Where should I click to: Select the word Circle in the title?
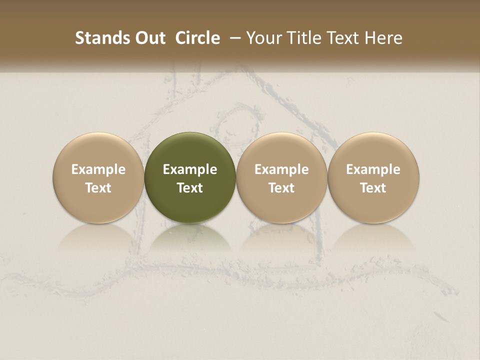[197, 38]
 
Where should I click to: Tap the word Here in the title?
[384, 38]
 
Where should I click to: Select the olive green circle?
[190, 150]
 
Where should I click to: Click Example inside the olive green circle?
[190, 169]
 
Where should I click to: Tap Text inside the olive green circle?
[190, 188]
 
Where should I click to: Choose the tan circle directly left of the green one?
[98, 150]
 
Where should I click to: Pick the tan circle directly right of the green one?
[281, 150]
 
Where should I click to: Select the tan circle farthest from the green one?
[373, 150]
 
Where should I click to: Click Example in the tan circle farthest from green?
[373, 169]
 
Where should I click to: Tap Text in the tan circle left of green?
[98, 188]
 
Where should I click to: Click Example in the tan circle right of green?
[281, 169]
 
